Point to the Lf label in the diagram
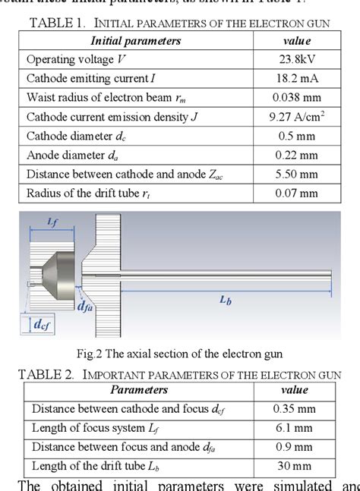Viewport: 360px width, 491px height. pos(53,221)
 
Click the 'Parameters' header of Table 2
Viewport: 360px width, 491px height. pos(139,389)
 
